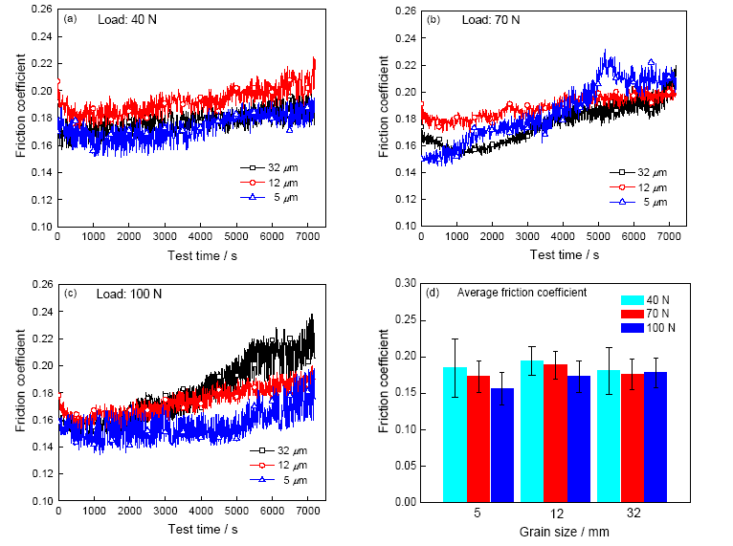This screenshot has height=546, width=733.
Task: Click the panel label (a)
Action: (70, 18)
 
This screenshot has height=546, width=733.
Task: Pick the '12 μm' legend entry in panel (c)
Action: (277, 464)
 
